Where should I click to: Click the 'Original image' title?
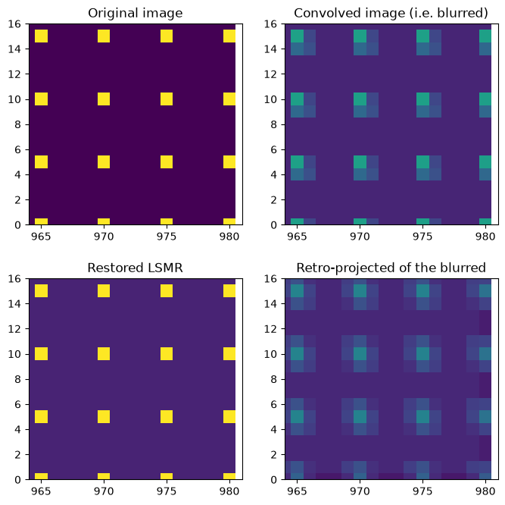click(x=136, y=13)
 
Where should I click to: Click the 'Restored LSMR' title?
click(x=136, y=268)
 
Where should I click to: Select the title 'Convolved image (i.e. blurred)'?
click(x=391, y=13)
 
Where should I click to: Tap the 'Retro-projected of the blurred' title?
click(x=391, y=268)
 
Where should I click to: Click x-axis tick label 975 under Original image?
click(x=167, y=237)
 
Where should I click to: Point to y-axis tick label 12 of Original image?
click(x=14, y=74)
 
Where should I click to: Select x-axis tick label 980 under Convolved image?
click(x=485, y=237)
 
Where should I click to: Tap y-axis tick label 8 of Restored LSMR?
click(x=17, y=379)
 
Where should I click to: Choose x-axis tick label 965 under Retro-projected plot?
click(x=297, y=491)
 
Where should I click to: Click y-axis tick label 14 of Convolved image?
click(x=270, y=49)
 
